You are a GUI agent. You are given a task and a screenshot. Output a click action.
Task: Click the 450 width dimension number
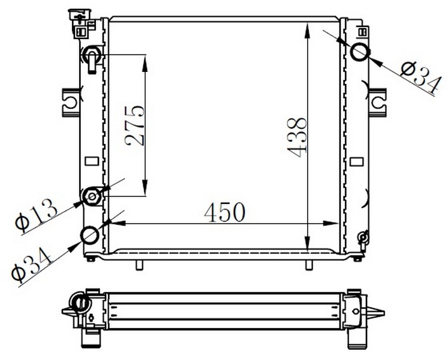(225, 212)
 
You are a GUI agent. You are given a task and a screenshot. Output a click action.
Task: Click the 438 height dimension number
(297, 137)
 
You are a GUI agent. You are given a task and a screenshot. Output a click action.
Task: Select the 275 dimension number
(134, 125)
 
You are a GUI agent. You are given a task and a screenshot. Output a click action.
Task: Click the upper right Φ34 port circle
(360, 52)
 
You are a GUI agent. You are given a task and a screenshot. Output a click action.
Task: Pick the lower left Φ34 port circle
(90, 235)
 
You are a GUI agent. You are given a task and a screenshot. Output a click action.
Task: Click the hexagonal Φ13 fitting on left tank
(92, 196)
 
